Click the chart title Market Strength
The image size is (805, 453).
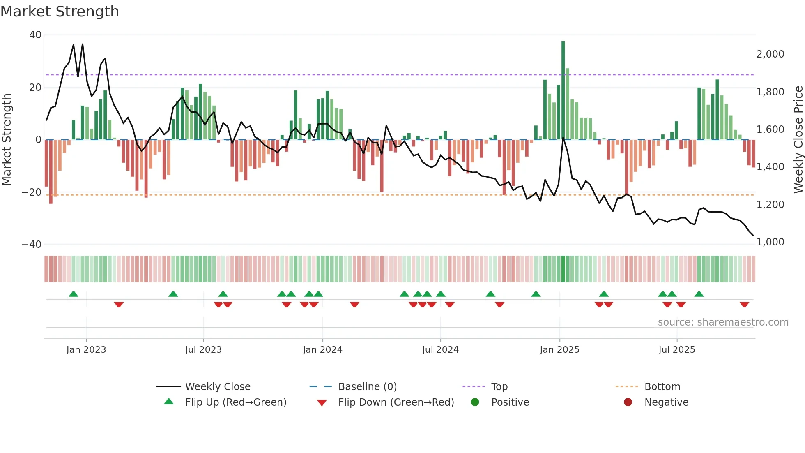(x=60, y=12)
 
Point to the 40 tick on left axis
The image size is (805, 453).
(x=35, y=35)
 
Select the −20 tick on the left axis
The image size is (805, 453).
(x=32, y=192)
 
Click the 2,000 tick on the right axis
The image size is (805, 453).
(x=770, y=54)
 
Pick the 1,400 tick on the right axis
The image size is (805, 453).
(x=770, y=167)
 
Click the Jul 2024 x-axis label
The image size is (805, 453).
(x=440, y=350)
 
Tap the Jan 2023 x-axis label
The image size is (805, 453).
(x=86, y=350)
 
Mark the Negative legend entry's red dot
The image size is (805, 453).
(x=628, y=402)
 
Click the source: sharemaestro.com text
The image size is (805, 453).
(x=723, y=322)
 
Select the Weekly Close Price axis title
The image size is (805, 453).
(x=798, y=139)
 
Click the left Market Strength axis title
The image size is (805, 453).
(x=7, y=139)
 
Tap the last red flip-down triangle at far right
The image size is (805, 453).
(x=744, y=305)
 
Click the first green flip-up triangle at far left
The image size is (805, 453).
(x=74, y=294)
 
